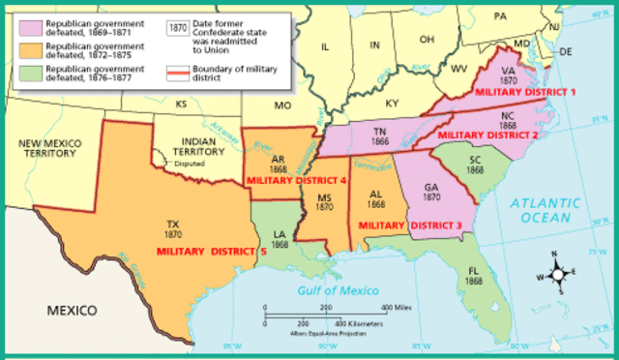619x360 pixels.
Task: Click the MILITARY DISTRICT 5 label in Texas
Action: (212, 252)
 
